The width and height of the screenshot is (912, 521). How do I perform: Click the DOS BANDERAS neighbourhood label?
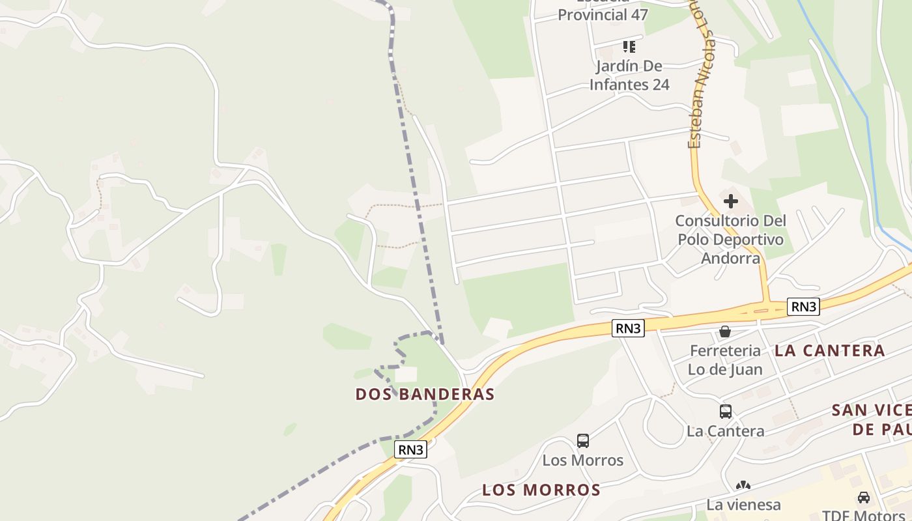pos(425,394)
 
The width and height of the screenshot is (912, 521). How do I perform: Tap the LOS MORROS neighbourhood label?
pos(541,490)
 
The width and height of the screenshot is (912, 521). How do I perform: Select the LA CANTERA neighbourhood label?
pos(829,350)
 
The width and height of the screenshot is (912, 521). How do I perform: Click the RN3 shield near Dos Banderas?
pos(411,449)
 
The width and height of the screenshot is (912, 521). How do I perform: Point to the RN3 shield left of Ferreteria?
pos(629,328)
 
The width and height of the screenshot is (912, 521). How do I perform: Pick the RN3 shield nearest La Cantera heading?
pos(803,307)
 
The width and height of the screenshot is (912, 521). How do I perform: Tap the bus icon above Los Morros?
pos(583,441)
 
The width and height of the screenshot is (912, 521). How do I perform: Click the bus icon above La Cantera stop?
pos(725,412)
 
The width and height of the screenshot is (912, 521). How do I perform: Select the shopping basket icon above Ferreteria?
pos(725,332)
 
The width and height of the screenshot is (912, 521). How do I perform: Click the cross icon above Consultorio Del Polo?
pos(731,201)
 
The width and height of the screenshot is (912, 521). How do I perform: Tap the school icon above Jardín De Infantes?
pos(629,46)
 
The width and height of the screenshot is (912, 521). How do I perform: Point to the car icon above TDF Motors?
pos(864,498)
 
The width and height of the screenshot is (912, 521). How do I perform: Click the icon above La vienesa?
pos(743,486)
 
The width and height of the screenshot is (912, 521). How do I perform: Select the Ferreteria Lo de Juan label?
pos(725,359)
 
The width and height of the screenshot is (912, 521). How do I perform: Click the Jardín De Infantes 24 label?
pos(629,75)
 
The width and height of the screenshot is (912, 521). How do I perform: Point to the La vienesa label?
pos(743,505)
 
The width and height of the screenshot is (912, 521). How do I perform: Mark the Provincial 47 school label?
pos(603,14)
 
